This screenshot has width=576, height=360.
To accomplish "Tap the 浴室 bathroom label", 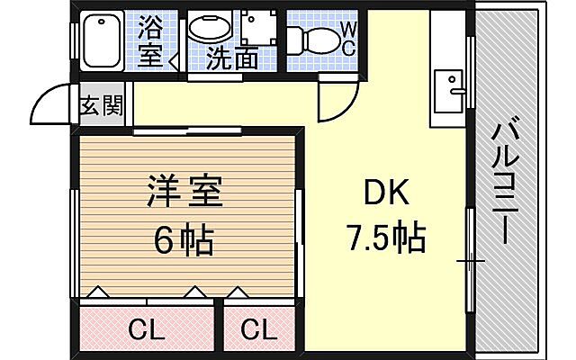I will [x=151, y=42].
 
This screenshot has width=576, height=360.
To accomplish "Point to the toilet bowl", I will [x=311, y=40].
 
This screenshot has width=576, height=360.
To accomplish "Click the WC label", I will [x=346, y=40].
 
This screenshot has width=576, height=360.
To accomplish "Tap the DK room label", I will [x=385, y=194].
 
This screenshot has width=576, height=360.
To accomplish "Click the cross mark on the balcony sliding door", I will [x=469, y=261].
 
